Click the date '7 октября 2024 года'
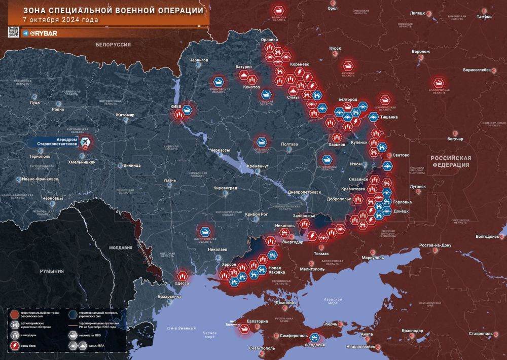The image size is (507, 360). point(61,20)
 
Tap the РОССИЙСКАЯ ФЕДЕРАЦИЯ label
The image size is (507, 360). point(451,161)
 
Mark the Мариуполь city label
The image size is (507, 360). point(373,258)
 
